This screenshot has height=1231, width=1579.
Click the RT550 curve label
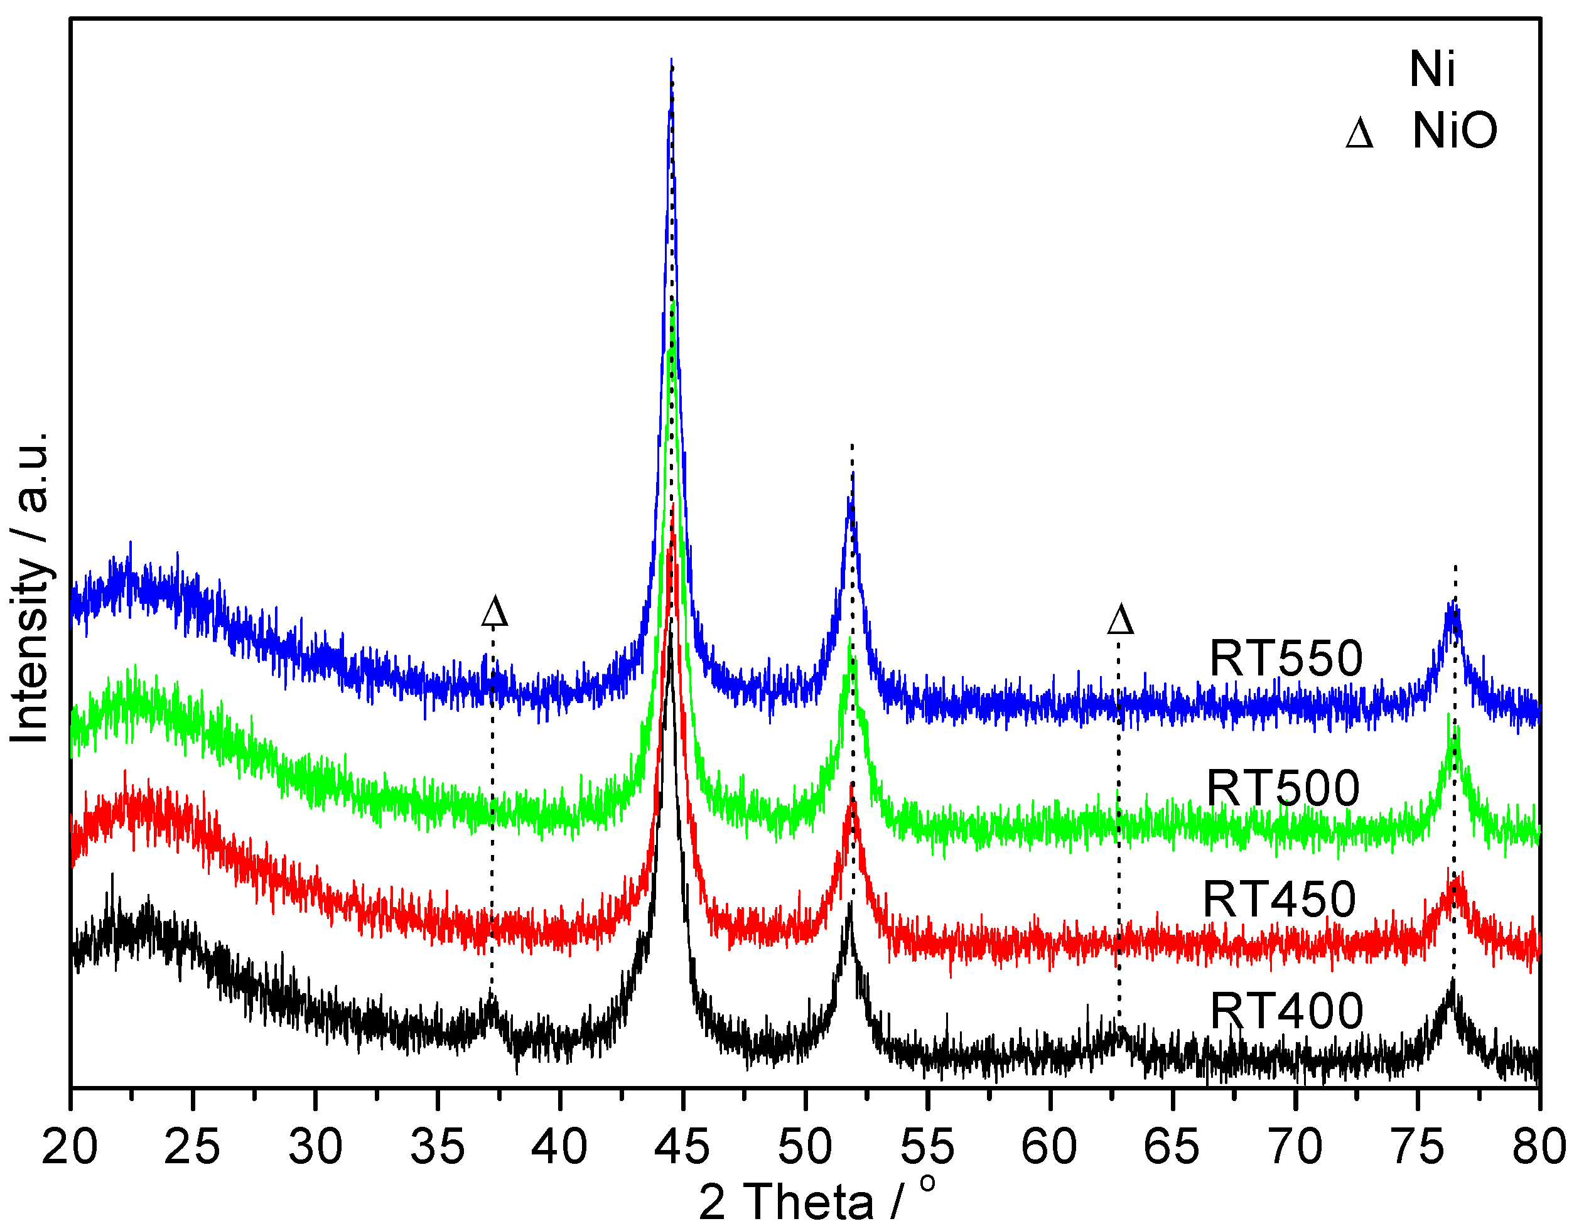point(1285,659)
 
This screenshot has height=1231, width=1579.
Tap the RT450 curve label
point(1279,900)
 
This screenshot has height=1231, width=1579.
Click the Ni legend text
point(1431,70)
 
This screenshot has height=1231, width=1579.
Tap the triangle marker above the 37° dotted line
point(495,611)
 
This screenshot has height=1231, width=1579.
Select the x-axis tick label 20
point(70,1146)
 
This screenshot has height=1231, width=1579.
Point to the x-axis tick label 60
point(1049,1146)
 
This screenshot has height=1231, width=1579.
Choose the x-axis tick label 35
point(438,1146)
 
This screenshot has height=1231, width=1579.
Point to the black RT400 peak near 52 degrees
point(850,903)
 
